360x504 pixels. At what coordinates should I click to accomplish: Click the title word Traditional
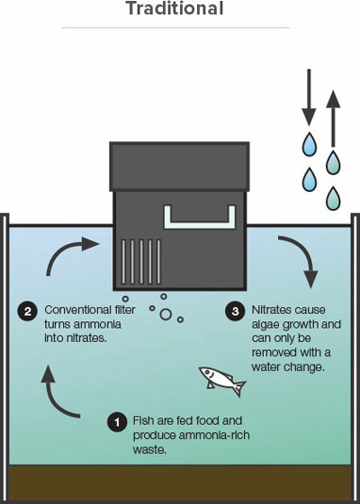pos(175,8)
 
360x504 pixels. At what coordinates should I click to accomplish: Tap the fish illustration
pos(222,380)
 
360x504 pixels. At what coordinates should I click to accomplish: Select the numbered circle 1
pos(117,422)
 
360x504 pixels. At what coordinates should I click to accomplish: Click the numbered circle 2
pos(28,311)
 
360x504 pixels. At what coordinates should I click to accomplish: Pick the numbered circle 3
pos(235,311)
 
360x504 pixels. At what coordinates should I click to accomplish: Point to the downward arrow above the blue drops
pos(309,97)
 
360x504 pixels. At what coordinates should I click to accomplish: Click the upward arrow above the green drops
pos(333,119)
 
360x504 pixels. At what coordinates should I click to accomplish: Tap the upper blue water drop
pos(310,144)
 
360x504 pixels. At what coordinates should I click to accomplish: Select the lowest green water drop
pos(333,198)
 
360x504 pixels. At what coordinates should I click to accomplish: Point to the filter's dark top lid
pos(179,166)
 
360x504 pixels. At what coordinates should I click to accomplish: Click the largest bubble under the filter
pos(166,314)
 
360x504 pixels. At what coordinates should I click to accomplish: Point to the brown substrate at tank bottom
pos(180,483)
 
